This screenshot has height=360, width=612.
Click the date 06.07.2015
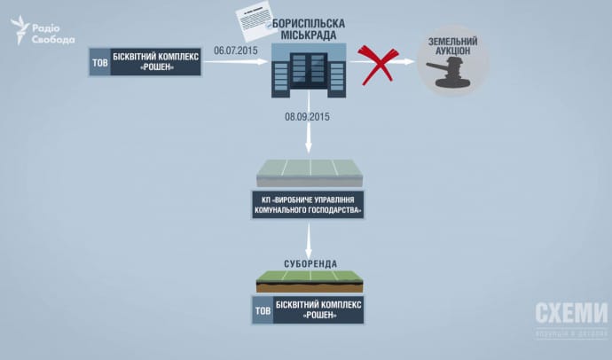point(236,51)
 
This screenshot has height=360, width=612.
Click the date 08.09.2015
point(307,116)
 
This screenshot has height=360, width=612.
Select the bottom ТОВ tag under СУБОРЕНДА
point(263,309)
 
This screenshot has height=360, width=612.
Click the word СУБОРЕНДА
point(308,264)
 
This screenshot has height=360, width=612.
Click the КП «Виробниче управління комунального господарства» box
point(308,206)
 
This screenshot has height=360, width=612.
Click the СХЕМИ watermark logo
point(570,313)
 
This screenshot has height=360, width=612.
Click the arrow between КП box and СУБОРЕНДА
point(308,239)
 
